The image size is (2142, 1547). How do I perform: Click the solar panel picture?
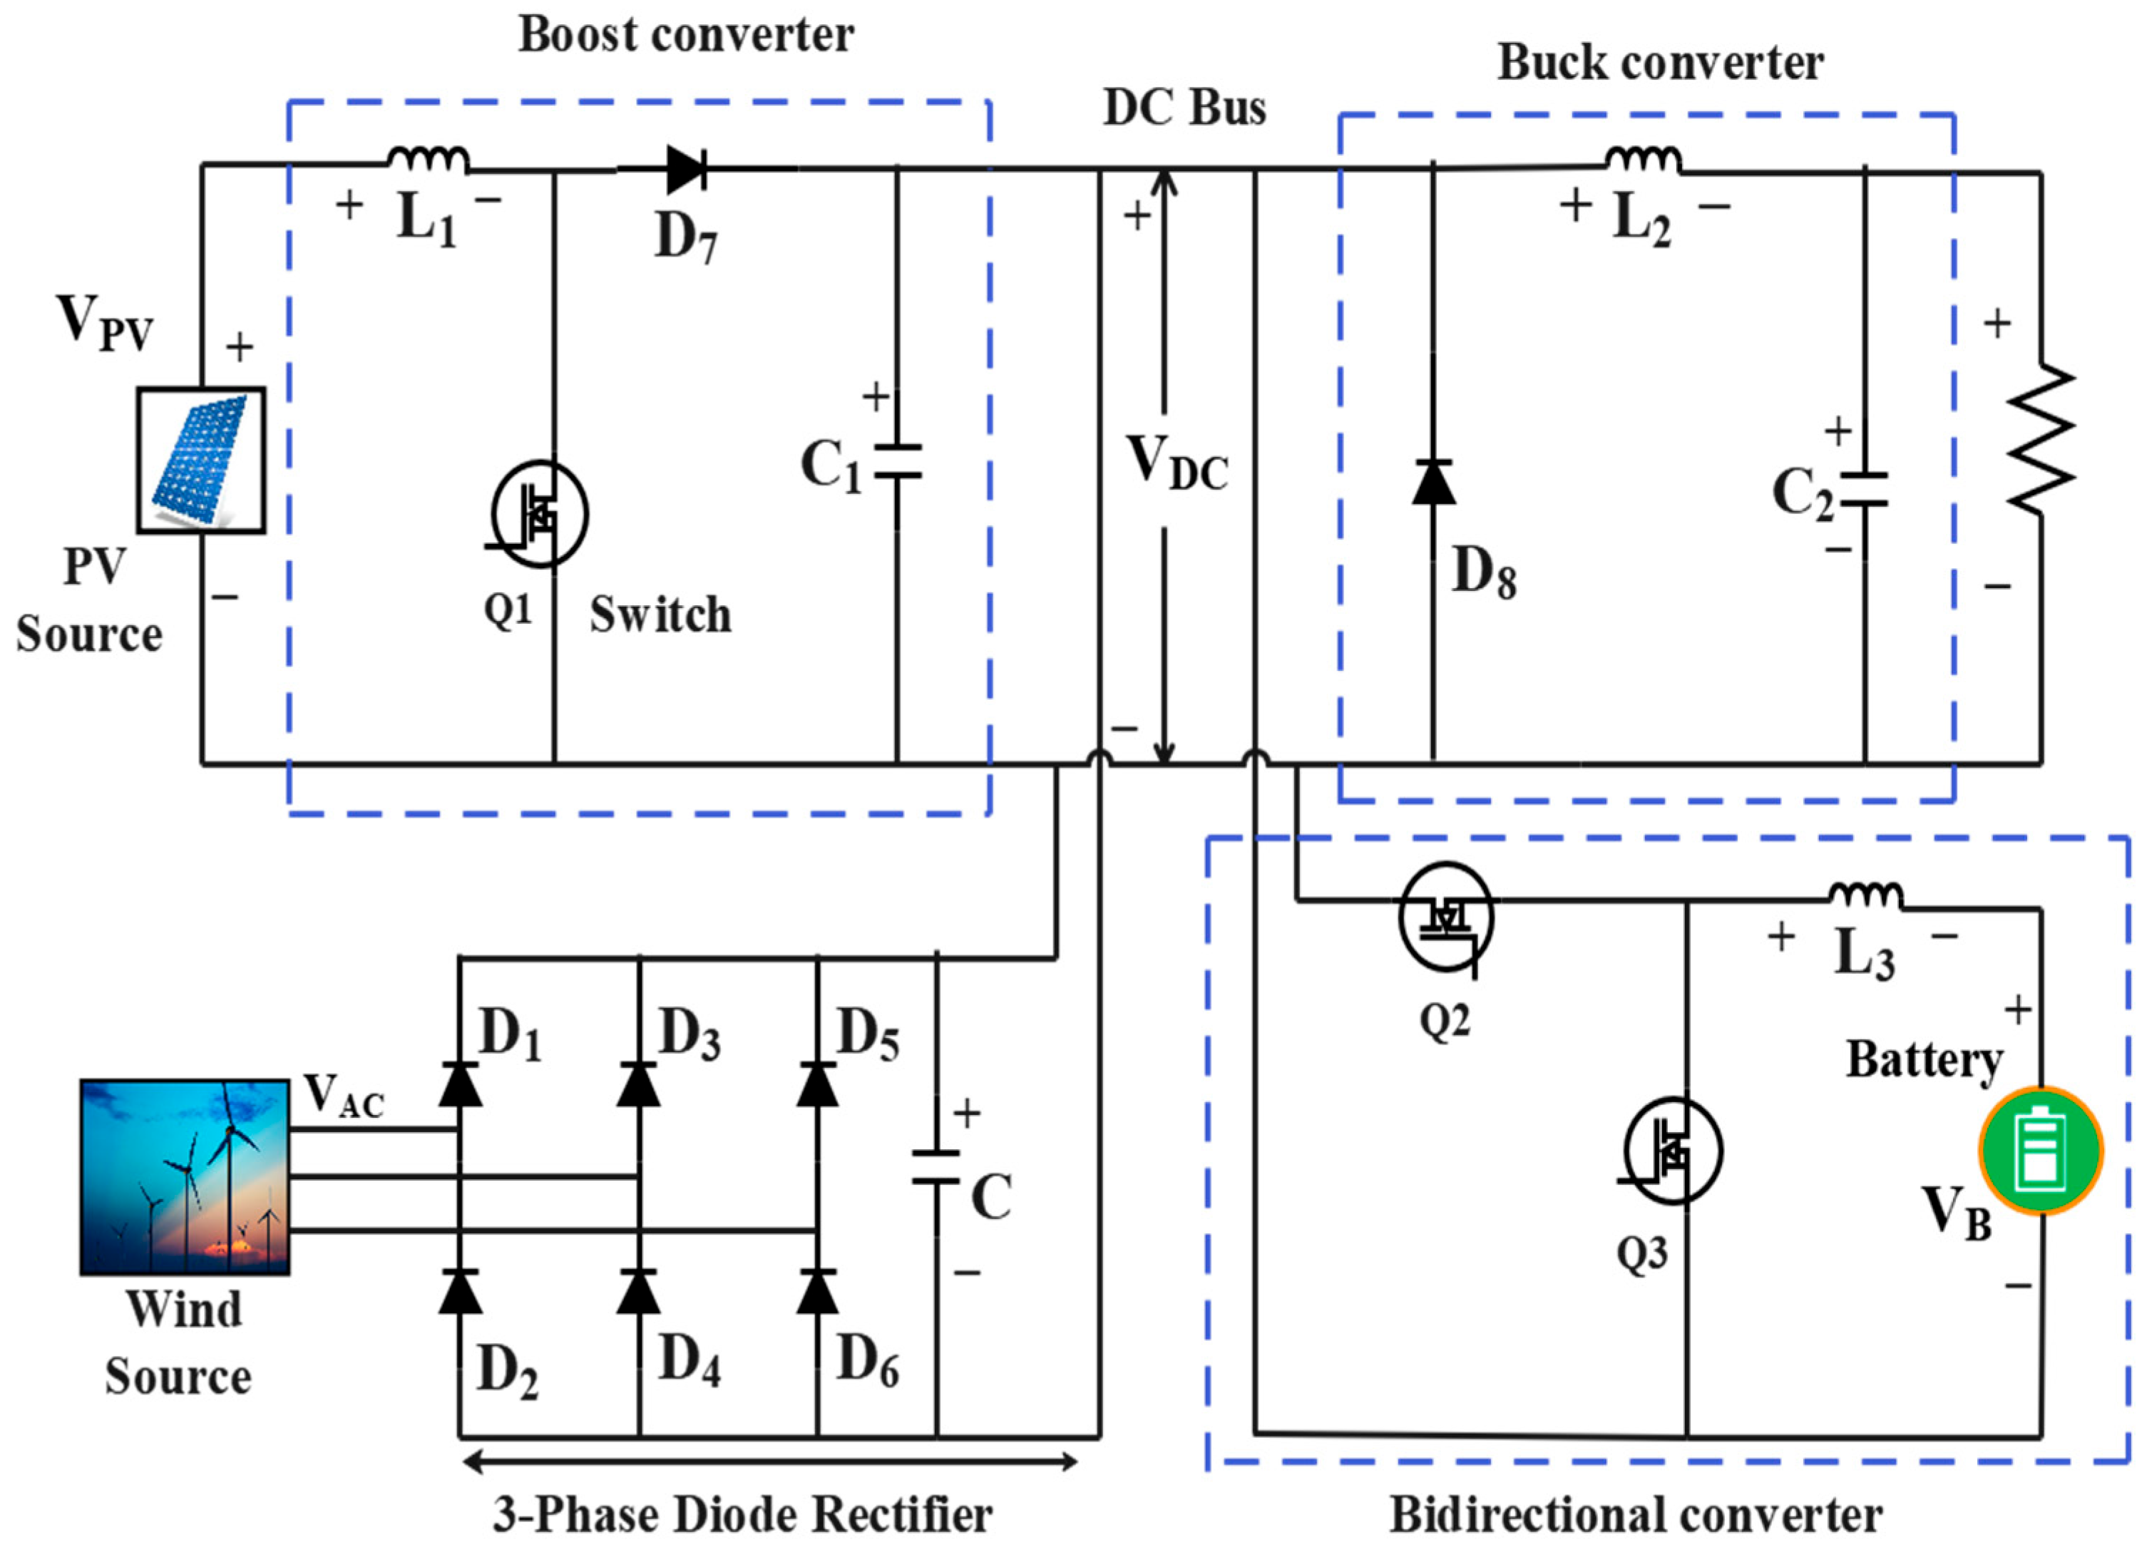200,460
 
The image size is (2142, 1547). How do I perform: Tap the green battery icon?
2040,1151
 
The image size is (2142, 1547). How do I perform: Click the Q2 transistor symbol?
1446,917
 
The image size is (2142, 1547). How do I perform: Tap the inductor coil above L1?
427,160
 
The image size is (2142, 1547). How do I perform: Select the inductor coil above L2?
1644,160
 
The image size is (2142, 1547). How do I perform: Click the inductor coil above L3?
1865,896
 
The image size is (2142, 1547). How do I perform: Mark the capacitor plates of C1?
896,461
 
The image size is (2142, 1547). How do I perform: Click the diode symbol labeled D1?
460,1084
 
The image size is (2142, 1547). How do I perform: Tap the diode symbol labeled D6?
817,1292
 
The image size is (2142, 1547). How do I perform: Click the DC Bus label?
1184,108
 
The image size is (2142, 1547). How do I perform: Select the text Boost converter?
686,36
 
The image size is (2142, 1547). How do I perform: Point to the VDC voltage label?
1177,463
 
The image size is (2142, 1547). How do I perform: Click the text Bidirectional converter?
1636,1514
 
